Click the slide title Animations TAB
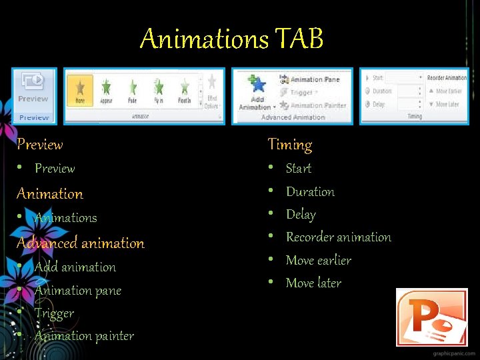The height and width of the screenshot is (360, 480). click(x=231, y=39)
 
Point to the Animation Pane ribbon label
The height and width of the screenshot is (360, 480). click(x=315, y=79)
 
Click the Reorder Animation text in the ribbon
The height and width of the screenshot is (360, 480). click(x=447, y=78)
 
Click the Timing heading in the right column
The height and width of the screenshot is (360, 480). click(x=289, y=144)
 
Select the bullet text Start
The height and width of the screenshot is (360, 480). click(x=299, y=168)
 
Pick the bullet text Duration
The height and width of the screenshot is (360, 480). click(x=310, y=191)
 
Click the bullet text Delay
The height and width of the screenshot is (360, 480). click(x=301, y=214)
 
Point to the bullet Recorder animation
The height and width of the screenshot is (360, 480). click(x=338, y=237)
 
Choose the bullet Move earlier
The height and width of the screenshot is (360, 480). click(x=318, y=260)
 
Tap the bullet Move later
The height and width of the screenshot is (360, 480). click(x=313, y=283)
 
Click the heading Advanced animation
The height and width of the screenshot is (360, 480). click(x=80, y=243)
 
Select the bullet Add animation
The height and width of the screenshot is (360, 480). click(x=75, y=267)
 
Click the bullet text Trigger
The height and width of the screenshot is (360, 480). click(x=54, y=313)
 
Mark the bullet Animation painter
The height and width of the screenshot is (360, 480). click(x=84, y=335)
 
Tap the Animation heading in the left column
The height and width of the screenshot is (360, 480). click(x=50, y=193)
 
